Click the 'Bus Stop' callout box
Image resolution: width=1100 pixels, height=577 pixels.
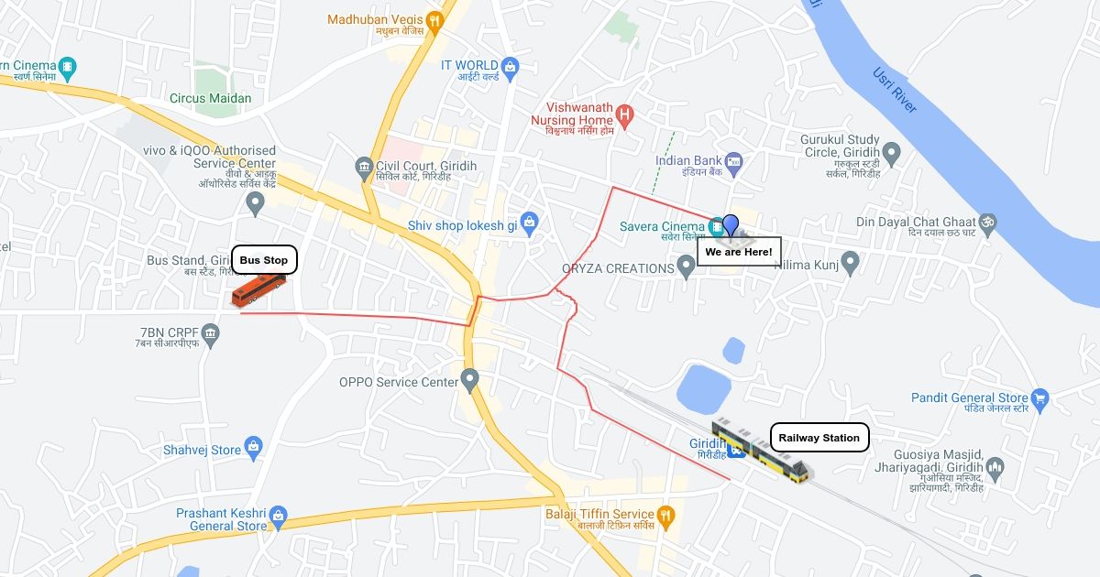[264, 260]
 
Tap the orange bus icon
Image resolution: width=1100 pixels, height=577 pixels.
[258, 290]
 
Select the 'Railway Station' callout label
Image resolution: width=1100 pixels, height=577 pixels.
[819, 438]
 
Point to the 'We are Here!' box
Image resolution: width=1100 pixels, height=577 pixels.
[739, 251]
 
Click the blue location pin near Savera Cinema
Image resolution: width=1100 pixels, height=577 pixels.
[731, 224]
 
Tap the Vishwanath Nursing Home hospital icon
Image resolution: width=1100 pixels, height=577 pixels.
[624, 114]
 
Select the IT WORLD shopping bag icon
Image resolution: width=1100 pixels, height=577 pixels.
[511, 65]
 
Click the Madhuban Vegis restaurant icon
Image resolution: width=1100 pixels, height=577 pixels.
[435, 19]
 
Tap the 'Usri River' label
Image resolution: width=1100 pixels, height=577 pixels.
[894, 91]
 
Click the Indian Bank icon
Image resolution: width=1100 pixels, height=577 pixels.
[732, 162]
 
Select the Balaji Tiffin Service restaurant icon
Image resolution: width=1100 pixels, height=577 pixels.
[666, 515]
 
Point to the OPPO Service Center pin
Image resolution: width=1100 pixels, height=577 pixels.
[470, 378]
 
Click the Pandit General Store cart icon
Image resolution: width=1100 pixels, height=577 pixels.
[1039, 398]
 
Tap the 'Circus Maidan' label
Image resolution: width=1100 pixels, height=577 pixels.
[210, 98]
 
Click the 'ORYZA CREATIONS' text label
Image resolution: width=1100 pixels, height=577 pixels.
[618, 268]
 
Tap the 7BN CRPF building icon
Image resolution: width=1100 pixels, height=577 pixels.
[212, 331]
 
